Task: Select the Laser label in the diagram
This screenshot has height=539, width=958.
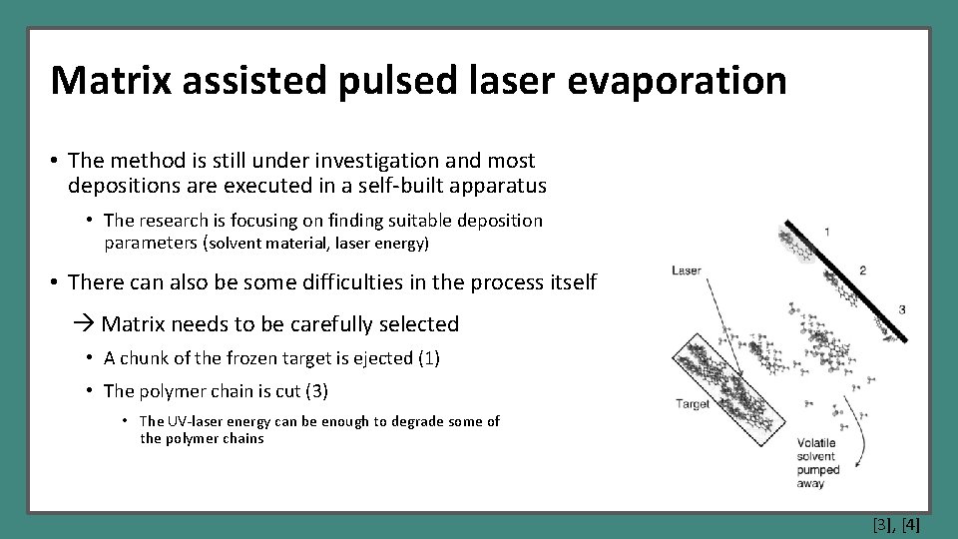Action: click(x=687, y=269)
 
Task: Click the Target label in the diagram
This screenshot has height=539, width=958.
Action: click(x=693, y=404)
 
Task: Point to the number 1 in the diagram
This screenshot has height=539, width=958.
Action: click(x=826, y=232)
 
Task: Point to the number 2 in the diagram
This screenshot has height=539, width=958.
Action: click(x=861, y=269)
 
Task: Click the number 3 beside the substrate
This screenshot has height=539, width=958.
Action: click(x=901, y=309)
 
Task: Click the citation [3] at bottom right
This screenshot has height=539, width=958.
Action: click(x=882, y=524)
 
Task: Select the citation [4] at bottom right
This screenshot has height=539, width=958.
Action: click(x=910, y=524)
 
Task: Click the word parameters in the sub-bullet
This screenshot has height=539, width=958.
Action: click(x=151, y=243)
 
